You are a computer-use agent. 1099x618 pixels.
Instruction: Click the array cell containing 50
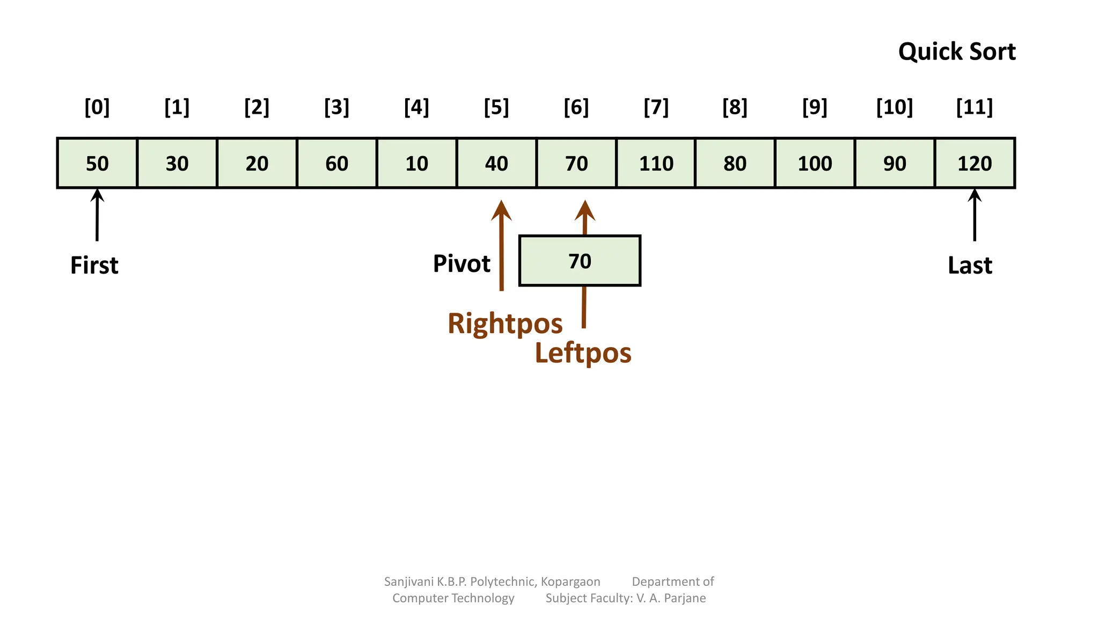(97, 163)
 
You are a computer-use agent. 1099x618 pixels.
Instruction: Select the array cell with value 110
(656, 163)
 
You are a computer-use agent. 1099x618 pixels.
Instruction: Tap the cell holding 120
(975, 163)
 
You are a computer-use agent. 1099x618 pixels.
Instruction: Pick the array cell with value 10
(416, 163)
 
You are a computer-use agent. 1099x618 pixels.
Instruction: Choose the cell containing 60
(336, 163)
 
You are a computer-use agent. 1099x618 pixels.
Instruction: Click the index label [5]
(496, 107)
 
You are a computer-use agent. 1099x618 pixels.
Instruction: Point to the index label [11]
(975, 107)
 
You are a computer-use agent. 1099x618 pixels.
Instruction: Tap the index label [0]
(97, 107)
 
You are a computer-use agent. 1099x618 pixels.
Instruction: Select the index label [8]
(735, 107)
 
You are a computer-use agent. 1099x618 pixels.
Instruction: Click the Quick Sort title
(957, 51)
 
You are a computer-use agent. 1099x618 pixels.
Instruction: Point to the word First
(94, 265)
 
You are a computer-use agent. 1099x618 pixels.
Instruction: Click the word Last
(970, 265)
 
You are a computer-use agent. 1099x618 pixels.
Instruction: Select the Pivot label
(461, 263)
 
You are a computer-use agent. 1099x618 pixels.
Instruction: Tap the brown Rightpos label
(505, 323)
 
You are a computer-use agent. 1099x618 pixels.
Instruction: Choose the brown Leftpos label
(583, 353)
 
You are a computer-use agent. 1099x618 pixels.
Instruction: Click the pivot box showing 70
(580, 261)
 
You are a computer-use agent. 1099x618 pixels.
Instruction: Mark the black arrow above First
(97, 215)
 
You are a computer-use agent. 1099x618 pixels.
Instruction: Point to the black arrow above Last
(975, 215)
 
